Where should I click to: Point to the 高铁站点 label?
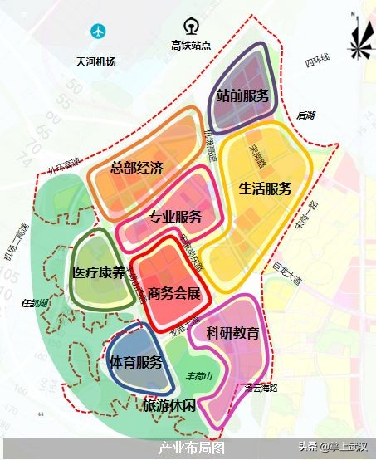pyautogui.click(x=192, y=46)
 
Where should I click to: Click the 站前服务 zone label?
pyautogui.click(x=243, y=96)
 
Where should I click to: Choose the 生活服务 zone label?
pyautogui.click(x=265, y=188)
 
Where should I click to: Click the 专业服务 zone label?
pyautogui.click(x=175, y=218)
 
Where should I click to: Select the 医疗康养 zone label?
pyautogui.click(x=99, y=272)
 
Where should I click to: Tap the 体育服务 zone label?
pyautogui.click(x=136, y=363)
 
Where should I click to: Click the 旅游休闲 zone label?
pyautogui.click(x=169, y=405)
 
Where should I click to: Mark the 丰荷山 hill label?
pyautogui.click(x=200, y=374)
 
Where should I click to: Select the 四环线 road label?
pyautogui.click(x=317, y=61)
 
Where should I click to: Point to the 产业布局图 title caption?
pyautogui.click(x=192, y=447)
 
